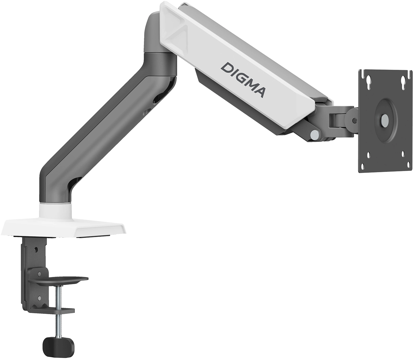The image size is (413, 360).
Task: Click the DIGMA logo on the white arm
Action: click(244, 80)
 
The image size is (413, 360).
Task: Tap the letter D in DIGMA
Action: click(226, 68)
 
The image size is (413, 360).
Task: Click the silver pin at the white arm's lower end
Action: click(315, 134)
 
